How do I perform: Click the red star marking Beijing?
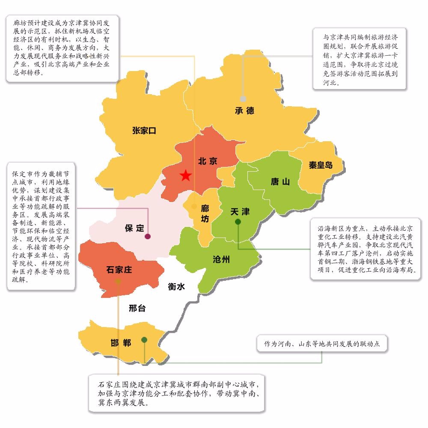point(185,175)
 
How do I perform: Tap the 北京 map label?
point(208,161)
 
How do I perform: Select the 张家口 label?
point(144,131)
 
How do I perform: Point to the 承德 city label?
point(244,110)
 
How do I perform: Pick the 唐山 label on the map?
point(280,182)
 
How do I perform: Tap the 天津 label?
point(240,212)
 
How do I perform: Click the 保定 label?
point(134,228)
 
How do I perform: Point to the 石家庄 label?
point(119,270)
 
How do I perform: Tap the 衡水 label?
point(176,287)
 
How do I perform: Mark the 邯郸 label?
point(120,342)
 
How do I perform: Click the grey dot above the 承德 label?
point(243,99)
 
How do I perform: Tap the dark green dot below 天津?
point(238,222)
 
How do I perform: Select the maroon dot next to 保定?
point(148,236)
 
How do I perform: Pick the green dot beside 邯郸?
point(145,340)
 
